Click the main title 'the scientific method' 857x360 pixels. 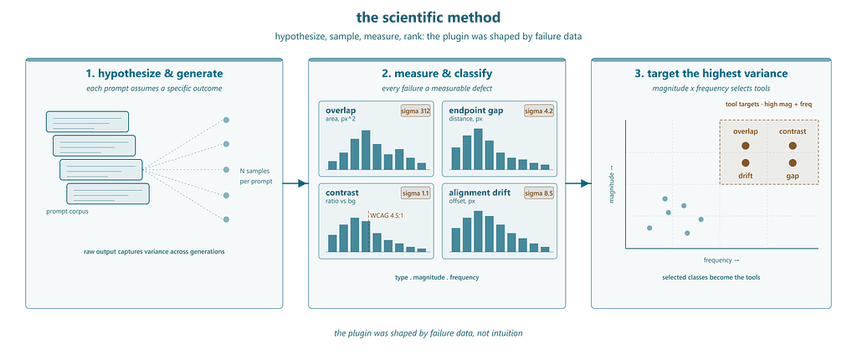point(428,17)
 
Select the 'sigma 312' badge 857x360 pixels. point(415,111)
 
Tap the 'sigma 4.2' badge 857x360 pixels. point(539,111)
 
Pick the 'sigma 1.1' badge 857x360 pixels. point(415,193)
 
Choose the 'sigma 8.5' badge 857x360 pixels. point(539,193)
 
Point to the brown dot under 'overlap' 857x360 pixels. point(745,146)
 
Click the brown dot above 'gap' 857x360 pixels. point(793,163)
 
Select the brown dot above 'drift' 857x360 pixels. point(745,163)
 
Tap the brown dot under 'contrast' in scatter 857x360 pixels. point(793,146)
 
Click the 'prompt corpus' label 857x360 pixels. point(67,213)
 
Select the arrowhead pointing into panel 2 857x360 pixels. point(305,184)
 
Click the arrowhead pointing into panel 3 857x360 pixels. point(586,184)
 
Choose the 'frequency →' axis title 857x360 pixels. point(721,260)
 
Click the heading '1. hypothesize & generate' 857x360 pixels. point(154,74)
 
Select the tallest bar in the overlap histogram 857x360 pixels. point(366,150)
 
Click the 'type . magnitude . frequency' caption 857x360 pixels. point(437,277)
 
